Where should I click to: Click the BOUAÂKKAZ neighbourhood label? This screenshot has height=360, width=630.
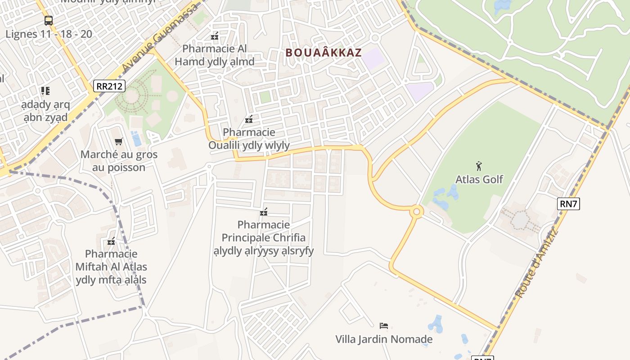pos(324,53)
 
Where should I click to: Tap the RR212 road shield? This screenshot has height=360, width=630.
pos(109,86)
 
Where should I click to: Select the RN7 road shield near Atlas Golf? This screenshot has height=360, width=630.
pos(569,204)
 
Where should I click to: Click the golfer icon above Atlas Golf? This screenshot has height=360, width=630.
pos(479,166)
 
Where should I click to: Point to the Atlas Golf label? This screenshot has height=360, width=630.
pos(479,179)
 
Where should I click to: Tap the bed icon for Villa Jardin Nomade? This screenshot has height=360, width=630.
pos(384,326)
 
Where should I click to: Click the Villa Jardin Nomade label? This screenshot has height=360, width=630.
pos(384,339)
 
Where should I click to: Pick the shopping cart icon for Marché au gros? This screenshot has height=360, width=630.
pos(119,142)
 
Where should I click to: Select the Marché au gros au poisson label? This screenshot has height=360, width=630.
pos(119,161)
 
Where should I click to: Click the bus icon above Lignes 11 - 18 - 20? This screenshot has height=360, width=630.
pos(49,21)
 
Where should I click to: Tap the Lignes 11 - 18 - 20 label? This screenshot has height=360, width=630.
pos(49,34)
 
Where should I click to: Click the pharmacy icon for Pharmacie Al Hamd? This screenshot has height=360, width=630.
pos(215,36)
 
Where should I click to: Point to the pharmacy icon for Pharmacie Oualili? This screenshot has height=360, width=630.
pos(248,119)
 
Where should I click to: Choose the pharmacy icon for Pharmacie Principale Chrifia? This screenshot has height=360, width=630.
pos(264,211)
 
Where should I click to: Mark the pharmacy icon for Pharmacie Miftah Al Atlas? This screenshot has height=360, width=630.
pos(111,241)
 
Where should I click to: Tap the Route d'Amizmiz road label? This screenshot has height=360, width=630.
pos(536,264)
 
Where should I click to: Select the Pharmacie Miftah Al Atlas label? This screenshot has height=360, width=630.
pos(111,267)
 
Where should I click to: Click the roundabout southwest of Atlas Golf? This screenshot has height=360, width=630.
pos(417,211)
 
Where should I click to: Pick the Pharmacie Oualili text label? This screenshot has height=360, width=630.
pos(249,139)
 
